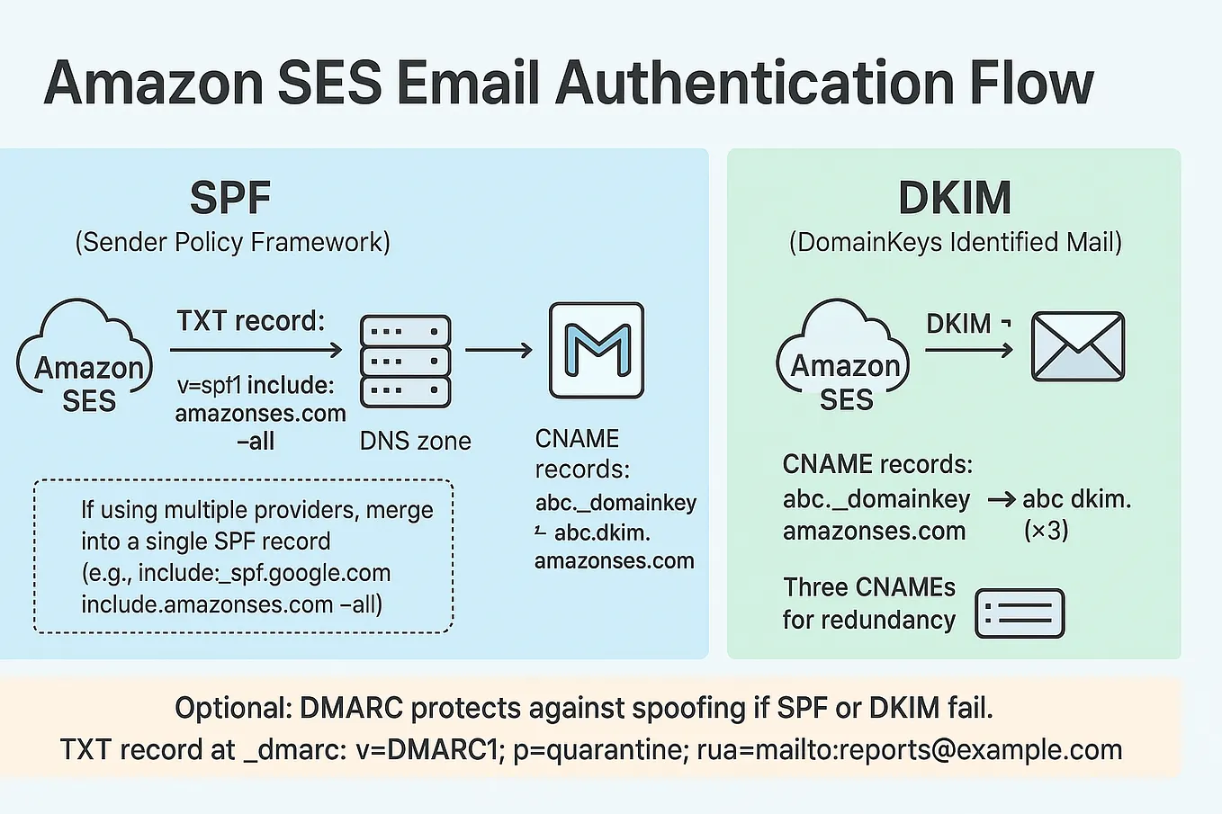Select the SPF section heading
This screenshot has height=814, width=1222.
pos(230,199)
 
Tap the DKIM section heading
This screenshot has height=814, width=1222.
pos(955,199)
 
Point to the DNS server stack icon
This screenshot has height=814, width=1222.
pos(405,361)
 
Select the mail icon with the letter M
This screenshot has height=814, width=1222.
pos(597,351)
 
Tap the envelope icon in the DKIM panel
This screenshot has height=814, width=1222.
pos(1077,346)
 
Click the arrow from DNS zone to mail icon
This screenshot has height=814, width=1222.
pos(499,350)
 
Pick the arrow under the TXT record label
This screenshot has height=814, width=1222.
pos(256,350)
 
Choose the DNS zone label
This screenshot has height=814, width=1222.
pos(415,441)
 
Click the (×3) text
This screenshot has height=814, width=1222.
pos(1046,530)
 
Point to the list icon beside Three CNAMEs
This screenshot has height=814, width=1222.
pos(1020,613)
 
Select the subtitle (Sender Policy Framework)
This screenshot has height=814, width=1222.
pos(232,242)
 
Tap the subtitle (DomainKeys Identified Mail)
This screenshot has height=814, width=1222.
pos(955,242)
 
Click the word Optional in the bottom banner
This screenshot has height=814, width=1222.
pos(232,708)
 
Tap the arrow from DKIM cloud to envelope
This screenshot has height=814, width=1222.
pos(969,350)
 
